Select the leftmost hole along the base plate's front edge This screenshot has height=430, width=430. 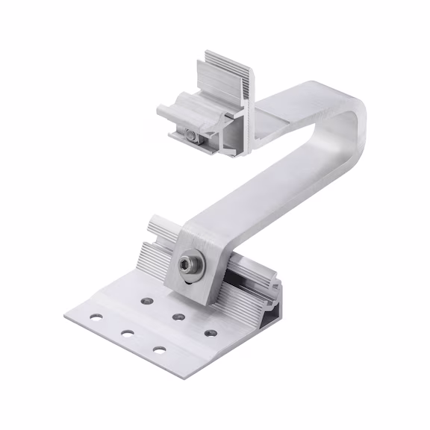click(x=96, y=317)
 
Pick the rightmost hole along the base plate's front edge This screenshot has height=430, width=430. click(x=159, y=349)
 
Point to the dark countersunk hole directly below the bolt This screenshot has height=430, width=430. click(x=178, y=317)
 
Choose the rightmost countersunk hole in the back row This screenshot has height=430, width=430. click(x=211, y=332)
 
